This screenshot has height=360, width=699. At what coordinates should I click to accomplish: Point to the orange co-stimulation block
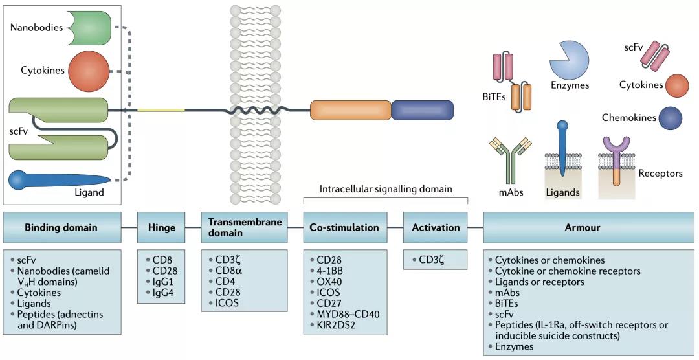(349, 110)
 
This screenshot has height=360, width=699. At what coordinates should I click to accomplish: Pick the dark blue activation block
(422, 110)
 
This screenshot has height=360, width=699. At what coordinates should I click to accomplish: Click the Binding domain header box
(61, 227)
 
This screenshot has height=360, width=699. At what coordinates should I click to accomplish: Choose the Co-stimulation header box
(344, 227)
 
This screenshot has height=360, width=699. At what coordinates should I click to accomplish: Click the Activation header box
(436, 227)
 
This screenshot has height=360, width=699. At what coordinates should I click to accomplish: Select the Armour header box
(589, 227)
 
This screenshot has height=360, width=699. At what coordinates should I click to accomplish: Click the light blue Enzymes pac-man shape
(569, 59)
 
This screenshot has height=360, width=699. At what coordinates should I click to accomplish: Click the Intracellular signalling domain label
(385, 189)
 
